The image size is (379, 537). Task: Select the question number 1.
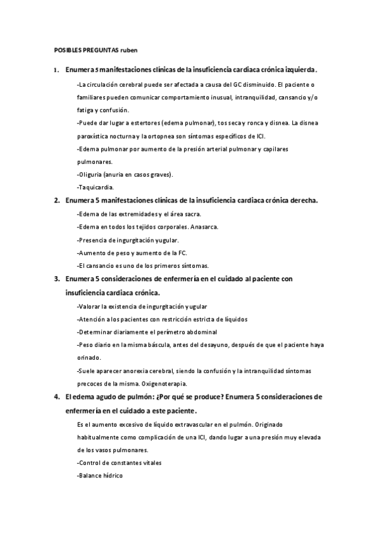tap(56, 70)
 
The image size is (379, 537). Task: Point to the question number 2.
tap(56, 200)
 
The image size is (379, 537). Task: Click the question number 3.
tap(56, 279)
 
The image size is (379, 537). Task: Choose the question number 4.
tap(56, 396)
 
